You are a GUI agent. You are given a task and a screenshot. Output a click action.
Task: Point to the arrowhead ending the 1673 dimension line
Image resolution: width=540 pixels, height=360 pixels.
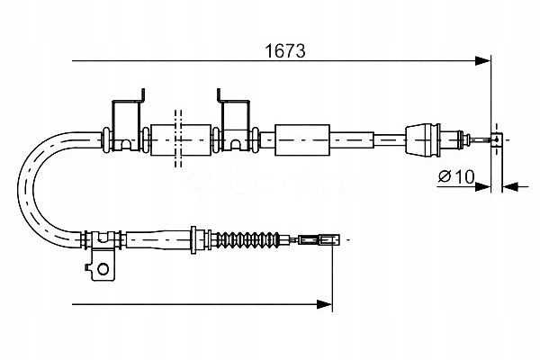(x=483, y=62)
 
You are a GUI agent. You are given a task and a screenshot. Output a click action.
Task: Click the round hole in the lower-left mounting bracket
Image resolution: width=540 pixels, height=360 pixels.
(x=103, y=267)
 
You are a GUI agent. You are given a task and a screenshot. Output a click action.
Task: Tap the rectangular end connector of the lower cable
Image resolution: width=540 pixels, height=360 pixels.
(x=320, y=240)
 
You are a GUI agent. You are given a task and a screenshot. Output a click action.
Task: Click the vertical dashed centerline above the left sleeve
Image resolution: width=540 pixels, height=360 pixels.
(x=176, y=115)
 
